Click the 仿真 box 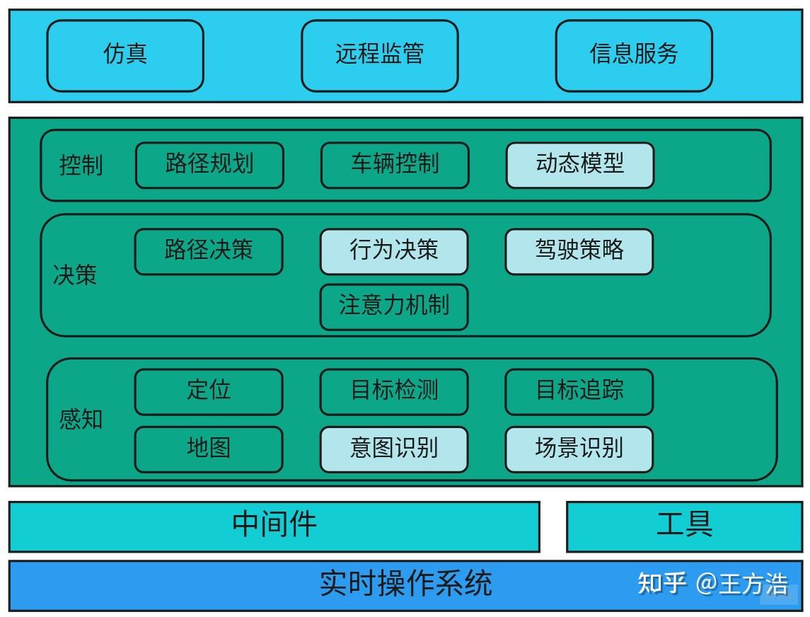tap(125, 56)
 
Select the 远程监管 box tap(380, 56)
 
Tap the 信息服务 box tap(634, 56)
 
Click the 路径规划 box tap(209, 166)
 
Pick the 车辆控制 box tap(395, 166)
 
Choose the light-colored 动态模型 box tap(580, 166)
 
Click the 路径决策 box tap(209, 252)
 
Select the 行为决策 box tap(394, 252)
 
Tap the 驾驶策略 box tap(579, 252)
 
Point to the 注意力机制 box tap(394, 307)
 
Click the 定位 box tap(209, 392)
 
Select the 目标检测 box tap(394, 392)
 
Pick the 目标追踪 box tap(579, 392)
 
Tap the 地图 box tap(209, 449)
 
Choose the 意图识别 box tap(394, 449)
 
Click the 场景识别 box tap(579, 449)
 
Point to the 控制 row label tap(81, 166)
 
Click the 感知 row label tap(81, 419)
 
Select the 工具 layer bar tap(685, 526)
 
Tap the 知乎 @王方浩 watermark tap(713, 584)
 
